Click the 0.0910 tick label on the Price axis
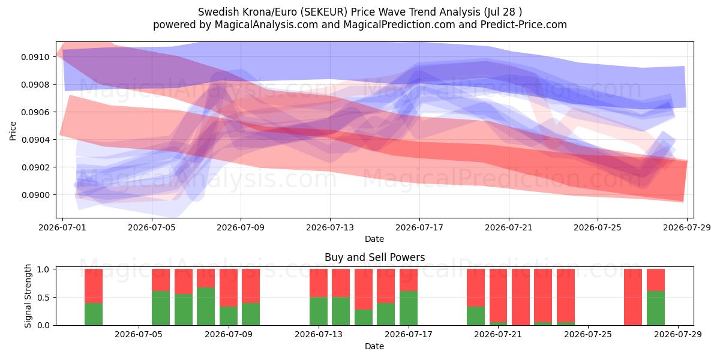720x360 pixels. tap(35, 57)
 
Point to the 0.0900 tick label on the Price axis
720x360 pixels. tap(35, 195)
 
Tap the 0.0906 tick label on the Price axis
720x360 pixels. tap(35, 112)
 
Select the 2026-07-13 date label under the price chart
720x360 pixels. tap(330, 227)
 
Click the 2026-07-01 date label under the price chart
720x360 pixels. tap(62, 227)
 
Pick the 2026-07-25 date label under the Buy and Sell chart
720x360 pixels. tap(588, 334)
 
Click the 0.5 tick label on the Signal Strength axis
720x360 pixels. tap(43, 298)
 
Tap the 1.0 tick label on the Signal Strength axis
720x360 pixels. tap(43, 269)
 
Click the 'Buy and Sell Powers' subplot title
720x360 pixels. tap(375, 257)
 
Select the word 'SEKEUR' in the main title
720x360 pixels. tap(325, 12)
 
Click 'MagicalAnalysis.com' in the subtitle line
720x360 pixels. tap(266, 25)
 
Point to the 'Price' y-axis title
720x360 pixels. tap(13, 131)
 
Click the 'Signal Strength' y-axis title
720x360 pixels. tap(28, 296)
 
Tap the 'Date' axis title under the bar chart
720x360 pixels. tap(374, 346)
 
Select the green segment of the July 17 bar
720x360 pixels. tap(409, 308)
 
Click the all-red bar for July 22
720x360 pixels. tap(521, 297)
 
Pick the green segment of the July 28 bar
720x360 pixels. tap(656, 308)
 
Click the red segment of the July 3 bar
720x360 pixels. tap(94, 286)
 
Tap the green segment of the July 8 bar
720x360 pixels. tap(206, 307)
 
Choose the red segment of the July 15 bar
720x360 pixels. tap(364, 289)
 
